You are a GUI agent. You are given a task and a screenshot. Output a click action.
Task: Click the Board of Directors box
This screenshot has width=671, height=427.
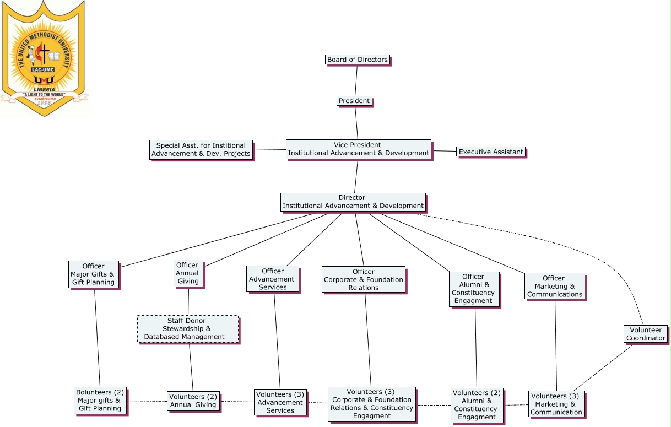(357, 60)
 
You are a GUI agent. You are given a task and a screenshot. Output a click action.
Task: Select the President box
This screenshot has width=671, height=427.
(354, 101)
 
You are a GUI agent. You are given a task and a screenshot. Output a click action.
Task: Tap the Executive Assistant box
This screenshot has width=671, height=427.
(490, 152)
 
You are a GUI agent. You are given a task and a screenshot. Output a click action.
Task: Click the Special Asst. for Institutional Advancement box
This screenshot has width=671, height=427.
(201, 149)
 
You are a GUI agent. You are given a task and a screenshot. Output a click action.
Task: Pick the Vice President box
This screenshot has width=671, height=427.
(358, 149)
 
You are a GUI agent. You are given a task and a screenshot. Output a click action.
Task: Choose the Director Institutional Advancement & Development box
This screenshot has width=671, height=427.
(353, 202)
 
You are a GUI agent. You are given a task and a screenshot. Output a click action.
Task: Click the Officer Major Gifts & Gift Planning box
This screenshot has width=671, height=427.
(93, 274)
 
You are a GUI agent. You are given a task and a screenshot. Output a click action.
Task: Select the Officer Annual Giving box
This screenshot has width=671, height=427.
(187, 273)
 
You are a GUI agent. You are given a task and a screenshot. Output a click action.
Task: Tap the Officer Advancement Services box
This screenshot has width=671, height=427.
(272, 279)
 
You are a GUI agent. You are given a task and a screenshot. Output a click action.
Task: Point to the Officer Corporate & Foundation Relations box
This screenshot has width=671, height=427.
(363, 279)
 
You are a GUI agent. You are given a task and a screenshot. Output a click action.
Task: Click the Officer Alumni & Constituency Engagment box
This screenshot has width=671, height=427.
(473, 289)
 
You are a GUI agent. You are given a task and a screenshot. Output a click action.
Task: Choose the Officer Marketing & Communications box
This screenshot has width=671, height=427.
(554, 286)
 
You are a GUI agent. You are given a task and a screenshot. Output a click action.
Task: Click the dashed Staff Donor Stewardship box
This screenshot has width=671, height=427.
(187, 329)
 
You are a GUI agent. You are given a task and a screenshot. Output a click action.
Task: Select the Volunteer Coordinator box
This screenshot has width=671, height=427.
(646, 334)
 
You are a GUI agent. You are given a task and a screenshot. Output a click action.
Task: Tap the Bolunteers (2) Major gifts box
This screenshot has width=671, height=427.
(100, 400)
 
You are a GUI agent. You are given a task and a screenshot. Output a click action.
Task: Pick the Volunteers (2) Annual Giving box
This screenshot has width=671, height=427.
(193, 401)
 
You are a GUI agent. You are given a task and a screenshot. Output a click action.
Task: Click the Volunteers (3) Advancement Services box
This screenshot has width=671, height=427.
(280, 402)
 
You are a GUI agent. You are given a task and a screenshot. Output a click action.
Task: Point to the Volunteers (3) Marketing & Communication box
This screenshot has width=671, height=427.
(556, 404)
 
